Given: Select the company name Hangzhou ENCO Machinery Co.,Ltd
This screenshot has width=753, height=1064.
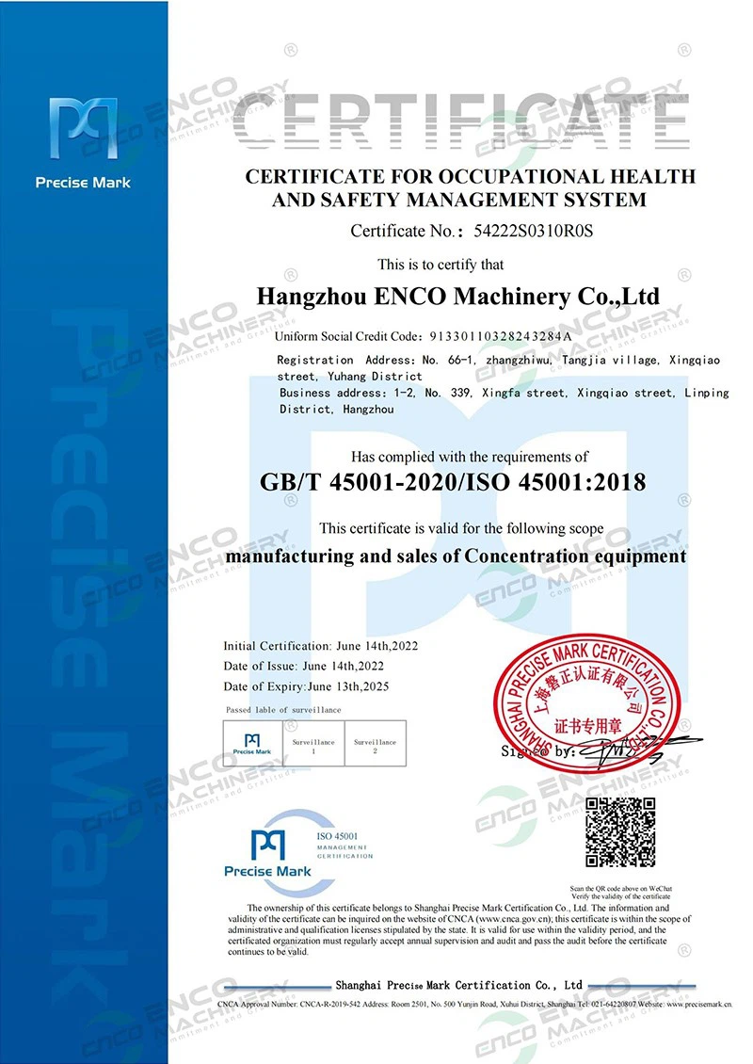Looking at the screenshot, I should pos(457,297).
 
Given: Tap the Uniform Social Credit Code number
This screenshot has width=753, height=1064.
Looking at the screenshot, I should pos(501,336).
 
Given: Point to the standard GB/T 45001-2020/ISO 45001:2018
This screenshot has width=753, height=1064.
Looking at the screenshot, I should pos(452,483).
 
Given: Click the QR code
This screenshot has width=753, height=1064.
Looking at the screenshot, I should pos(620,831).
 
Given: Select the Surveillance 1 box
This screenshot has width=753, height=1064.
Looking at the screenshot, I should pos(314,744).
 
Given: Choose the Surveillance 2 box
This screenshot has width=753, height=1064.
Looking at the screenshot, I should pos(375,744).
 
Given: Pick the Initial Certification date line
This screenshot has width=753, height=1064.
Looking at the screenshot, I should pos(320,647).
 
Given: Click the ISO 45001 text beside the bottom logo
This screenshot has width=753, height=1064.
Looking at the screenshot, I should pos(339,836).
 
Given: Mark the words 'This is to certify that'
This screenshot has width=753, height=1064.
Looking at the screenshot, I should pos(441,265).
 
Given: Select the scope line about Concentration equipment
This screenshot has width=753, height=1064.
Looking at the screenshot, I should pos(457,556).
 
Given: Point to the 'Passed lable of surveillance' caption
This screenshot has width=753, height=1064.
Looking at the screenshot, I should pos(283,709).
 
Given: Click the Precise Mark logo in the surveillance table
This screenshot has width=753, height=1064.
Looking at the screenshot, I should pos(251,744).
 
